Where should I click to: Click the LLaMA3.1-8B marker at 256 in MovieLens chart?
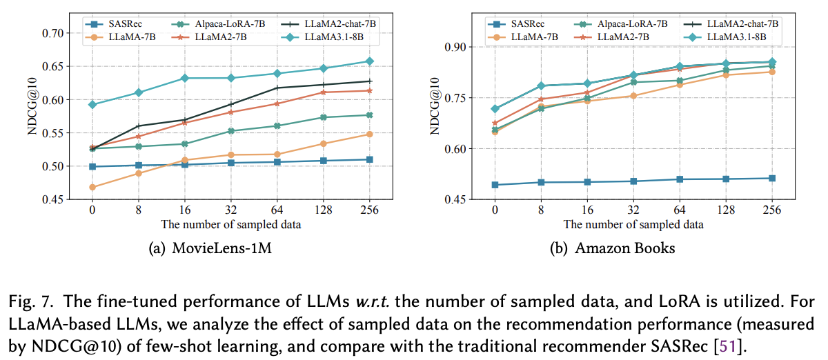coord(369,61)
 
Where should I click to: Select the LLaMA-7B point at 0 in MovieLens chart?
coord(92,187)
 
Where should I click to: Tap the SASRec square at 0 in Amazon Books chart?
coord(494,185)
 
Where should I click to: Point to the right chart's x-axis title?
coord(633,225)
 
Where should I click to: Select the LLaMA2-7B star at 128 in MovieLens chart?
coord(323,92)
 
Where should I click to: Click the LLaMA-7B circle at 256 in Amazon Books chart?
coord(771,72)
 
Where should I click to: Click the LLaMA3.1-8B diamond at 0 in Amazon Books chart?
coord(494,109)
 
